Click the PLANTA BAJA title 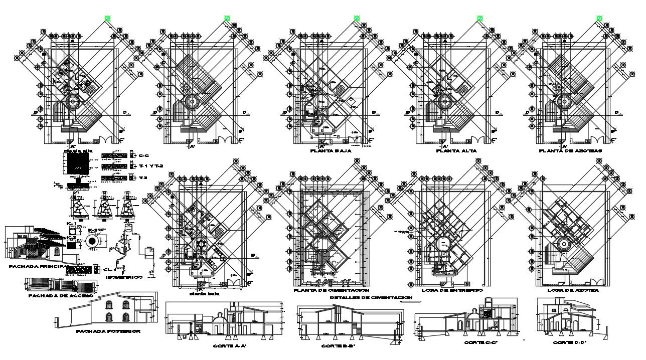coord(331,150)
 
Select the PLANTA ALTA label coord(456,150)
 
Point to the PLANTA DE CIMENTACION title coord(332,290)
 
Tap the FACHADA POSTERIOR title coord(108,331)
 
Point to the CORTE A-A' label coord(231,346)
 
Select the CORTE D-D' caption coord(570,342)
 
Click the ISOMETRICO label coord(123,277)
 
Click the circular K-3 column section coord(93,241)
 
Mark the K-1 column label coord(71,223)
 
